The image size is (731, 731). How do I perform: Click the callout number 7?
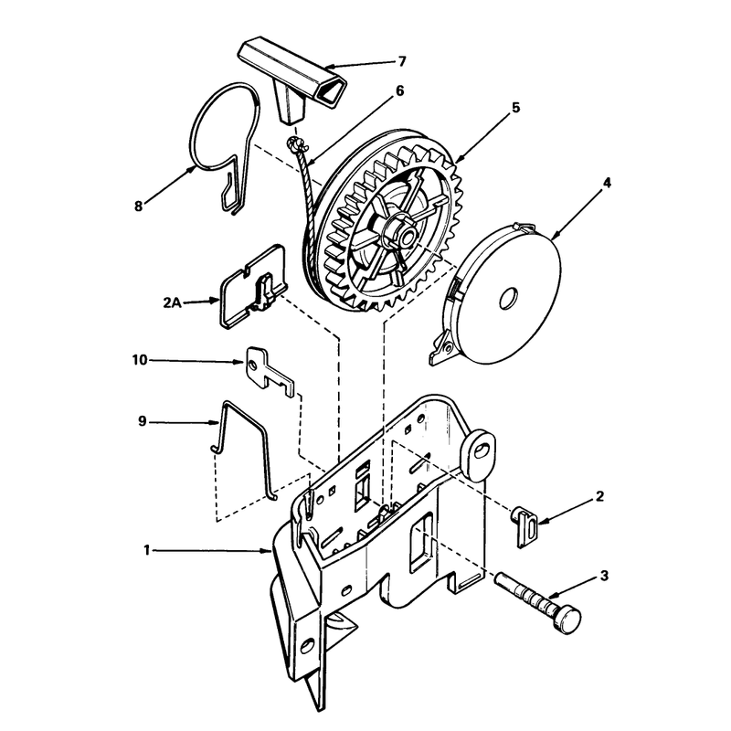(x=402, y=61)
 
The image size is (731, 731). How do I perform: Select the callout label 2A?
(x=172, y=302)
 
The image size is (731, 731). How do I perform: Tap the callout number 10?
(x=140, y=360)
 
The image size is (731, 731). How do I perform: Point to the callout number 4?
(x=607, y=183)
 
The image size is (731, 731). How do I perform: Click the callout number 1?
(x=147, y=551)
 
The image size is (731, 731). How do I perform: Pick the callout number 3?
(x=604, y=576)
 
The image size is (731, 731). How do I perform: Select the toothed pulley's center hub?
(x=400, y=232)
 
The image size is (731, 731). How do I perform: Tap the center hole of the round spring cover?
(x=509, y=299)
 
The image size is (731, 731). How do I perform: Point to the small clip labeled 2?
(x=524, y=526)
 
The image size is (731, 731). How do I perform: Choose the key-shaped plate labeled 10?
(x=270, y=371)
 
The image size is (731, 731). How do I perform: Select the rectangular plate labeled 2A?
(x=254, y=286)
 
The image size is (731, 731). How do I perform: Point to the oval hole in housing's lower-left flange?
(x=306, y=646)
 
